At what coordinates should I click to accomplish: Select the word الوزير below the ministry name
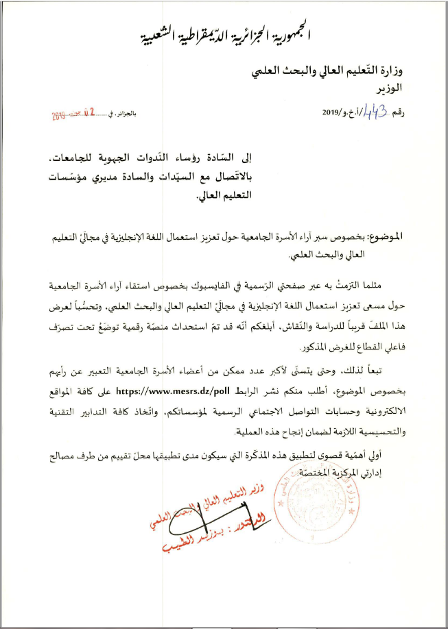point(388,90)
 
